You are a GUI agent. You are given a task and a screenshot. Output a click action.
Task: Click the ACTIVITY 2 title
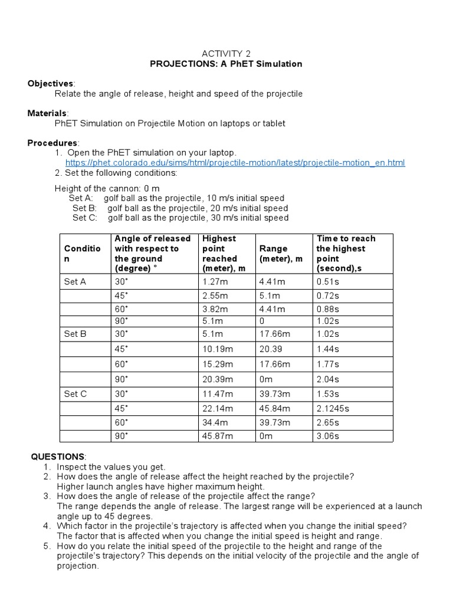click(226, 54)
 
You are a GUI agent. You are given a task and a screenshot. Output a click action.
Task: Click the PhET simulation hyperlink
click(235, 163)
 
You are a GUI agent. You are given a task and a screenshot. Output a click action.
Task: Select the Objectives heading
click(51, 83)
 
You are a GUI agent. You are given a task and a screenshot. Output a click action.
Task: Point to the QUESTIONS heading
click(58, 457)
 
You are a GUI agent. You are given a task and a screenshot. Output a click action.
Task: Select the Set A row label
click(75, 281)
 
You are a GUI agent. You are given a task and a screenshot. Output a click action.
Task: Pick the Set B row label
click(75, 334)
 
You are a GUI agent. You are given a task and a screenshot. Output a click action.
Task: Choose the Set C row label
click(75, 393)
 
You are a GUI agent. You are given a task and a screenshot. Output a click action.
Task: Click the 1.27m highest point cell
click(215, 281)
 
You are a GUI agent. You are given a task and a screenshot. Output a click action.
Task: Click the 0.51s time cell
click(328, 281)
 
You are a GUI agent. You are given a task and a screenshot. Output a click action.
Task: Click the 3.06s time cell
click(328, 436)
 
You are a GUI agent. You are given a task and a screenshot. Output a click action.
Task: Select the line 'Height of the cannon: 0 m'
click(107, 188)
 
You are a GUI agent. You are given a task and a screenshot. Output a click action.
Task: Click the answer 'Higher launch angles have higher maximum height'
click(160, 487)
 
